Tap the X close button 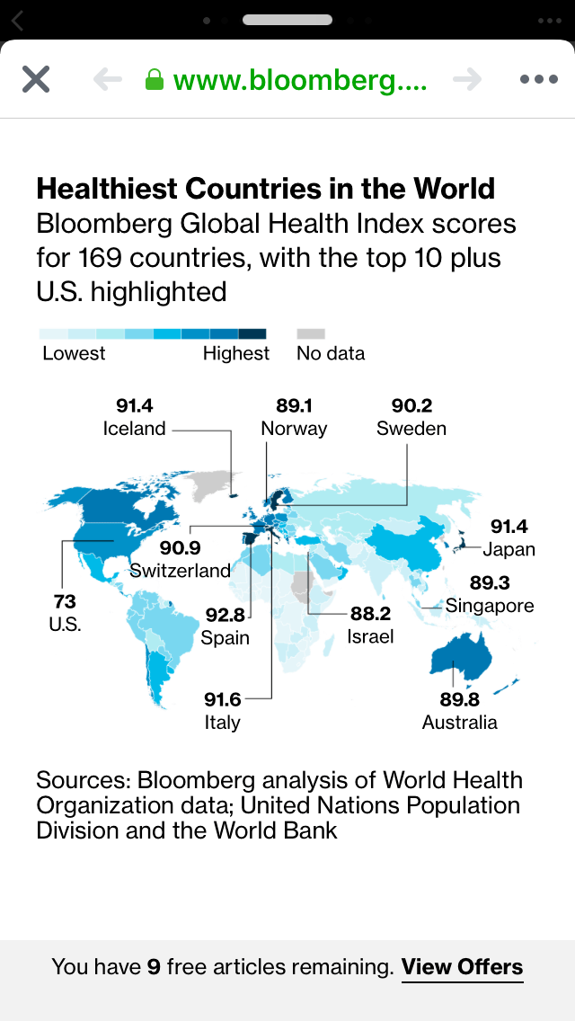[36, 79]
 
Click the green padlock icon [155, 80]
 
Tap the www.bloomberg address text [300, 80]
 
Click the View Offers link [462, 967]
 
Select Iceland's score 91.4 [135, 405]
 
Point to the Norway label [294, 429]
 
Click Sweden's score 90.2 [411, 405]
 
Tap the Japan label [509, 549]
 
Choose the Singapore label [490, 606]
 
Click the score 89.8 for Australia [459, 699]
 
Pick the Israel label [370, 637]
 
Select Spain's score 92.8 [226, 615]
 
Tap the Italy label [222, 723]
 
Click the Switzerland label [180, 571]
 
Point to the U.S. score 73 [65, 601]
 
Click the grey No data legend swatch [310, 333]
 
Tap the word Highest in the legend [235, 353]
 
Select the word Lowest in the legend [74, 353]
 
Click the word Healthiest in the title [106, 189]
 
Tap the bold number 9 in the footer [154, 967]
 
